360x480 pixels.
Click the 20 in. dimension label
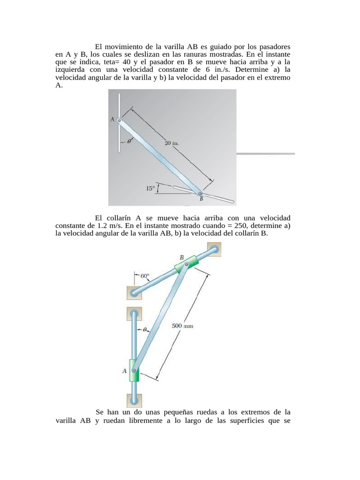click(171, 144)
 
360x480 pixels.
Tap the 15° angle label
click(150, 188)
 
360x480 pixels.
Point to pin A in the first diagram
click(119, 120)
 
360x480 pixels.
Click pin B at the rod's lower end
click(200, 193)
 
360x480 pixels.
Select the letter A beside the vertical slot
click(112, 120)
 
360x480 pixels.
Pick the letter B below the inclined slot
click(202, 199)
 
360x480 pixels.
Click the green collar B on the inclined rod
click(186, 266)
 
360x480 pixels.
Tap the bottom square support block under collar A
click(134, 400)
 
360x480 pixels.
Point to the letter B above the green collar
click(182, 257)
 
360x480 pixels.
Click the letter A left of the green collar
click(125, 371)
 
